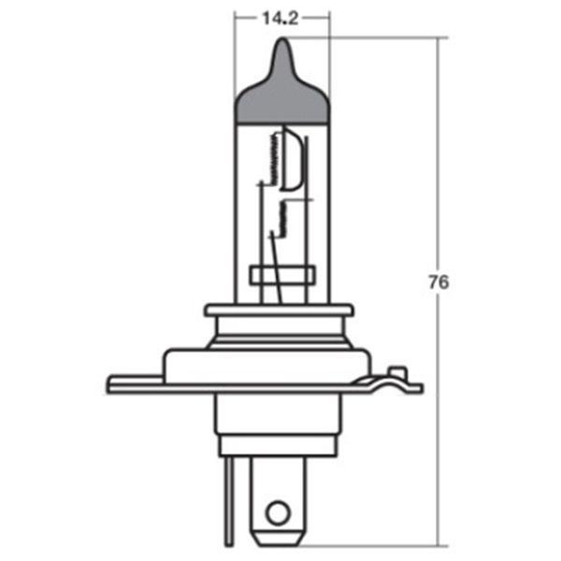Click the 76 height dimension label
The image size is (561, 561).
(x=437, y=281)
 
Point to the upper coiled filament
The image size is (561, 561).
(x=273, y=157)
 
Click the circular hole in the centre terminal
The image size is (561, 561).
(x=276, y=511)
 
